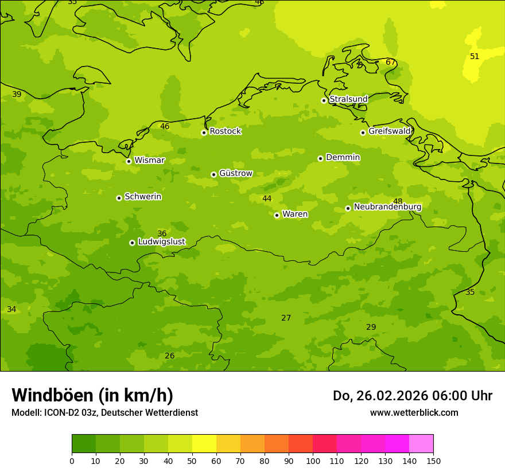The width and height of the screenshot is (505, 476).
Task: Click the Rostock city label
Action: coord(225,131)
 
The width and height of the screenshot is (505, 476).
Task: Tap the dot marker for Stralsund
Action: coord(324,100)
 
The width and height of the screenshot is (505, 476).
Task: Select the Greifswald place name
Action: coord(389,131)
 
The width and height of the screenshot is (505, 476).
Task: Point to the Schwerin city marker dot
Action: coord(119,198)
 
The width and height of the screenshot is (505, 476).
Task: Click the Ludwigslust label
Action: coord(161,242)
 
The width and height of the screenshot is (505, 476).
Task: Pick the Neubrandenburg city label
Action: coord(387,207)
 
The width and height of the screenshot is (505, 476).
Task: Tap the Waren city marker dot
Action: coord(277,215)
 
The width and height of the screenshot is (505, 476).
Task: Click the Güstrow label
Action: coord(235,174)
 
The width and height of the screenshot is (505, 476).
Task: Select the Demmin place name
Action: coord(343,158)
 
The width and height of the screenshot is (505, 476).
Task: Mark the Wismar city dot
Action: coord(129,161)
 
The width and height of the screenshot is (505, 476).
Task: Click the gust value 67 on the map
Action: coord(390,63)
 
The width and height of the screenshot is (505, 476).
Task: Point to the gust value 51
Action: coord(475,56)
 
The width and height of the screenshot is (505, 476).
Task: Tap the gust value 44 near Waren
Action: coord(267,199)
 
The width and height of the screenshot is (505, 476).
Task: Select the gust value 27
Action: coord(286,318)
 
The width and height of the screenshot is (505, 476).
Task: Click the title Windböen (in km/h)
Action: coord(92,395)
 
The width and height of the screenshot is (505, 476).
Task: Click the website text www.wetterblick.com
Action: coord(414,413)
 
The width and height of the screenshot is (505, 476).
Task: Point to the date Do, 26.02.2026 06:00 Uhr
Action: coord(412,396)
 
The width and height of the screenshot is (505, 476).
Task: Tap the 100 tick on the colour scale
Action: coord(313,461)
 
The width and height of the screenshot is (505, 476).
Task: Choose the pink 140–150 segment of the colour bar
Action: coord(421,444)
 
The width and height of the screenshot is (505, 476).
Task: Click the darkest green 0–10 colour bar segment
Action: coord(84,444)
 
